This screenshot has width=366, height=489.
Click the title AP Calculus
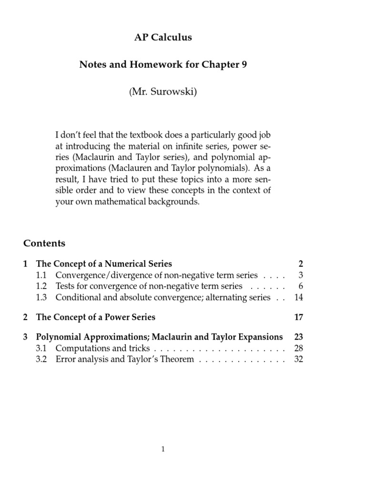[x=163, y=38]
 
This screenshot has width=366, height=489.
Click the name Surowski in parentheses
[x=173, y=92]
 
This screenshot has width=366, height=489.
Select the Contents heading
[x=44, y=243]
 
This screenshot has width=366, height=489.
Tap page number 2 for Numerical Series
[x=300, y=264]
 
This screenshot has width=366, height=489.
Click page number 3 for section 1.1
[x=300, y=275]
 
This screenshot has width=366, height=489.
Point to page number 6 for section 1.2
[x=300, y=286]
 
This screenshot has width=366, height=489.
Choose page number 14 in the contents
[x=298, y=298]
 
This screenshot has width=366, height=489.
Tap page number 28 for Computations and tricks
[x=298, y=348]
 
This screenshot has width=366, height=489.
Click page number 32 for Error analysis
[x=298, y=359]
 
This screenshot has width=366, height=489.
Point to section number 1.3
[x=42, y=298]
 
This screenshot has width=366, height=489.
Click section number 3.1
[x=42, y=348]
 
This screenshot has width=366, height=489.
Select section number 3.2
[x=42, y=359]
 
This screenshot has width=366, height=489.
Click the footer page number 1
[x=163, y=449]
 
